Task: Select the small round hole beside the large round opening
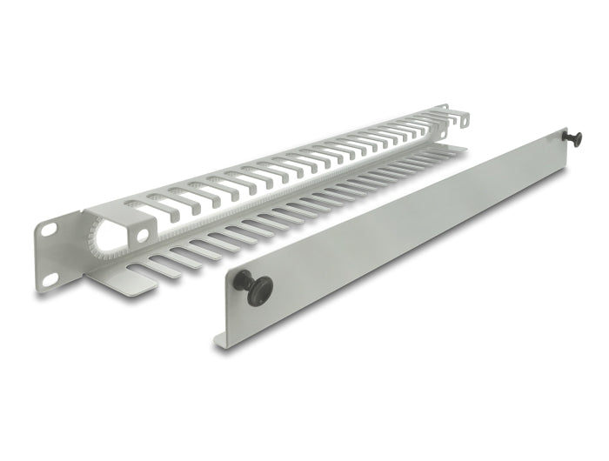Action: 142,235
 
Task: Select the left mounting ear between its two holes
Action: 50,253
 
